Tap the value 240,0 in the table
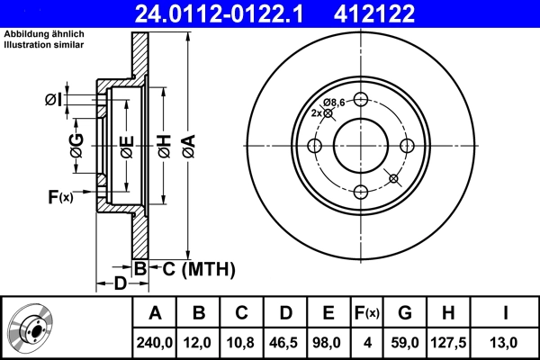pyautogui.click(x=155, y=341)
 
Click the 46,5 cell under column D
pyautogui.click(x=285, y=341)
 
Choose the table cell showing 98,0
pyautogui.click(x=328, y=341)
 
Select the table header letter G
pyautogui.click(x=405, y=314)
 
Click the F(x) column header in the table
pyautogui.click(x=367, y=314)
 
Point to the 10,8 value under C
pyautogui.click(x=242, y=341)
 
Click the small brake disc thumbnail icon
pyautogui.click(x=30, y=328)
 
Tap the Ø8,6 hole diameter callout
pyautogui.click(x=333, y=102)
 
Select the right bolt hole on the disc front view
pyautogui.click(x=407, y=147)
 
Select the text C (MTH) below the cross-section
pyautogui.click(x=193, y=268)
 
